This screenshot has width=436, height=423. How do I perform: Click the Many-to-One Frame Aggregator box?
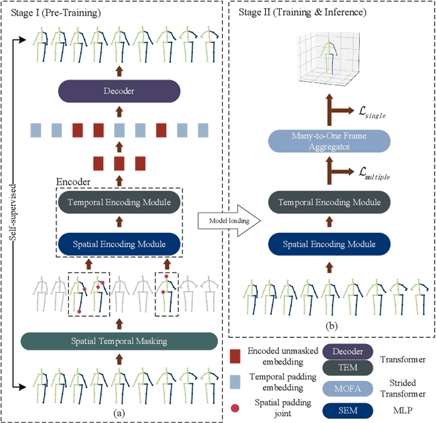pos(330,141)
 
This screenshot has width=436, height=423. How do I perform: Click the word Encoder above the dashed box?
pos(72,182)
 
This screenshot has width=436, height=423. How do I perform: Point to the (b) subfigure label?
pos(330,326)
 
